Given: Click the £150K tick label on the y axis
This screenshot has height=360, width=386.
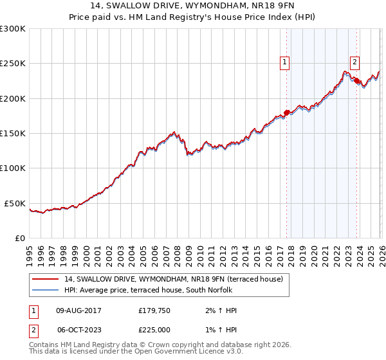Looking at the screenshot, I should [x=12, y=133].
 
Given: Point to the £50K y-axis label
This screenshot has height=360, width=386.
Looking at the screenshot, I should [x=14, y=203].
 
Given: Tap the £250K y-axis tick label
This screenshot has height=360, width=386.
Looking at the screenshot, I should [x=12, y=64].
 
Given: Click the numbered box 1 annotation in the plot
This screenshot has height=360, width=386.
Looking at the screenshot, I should [x=284, y=62].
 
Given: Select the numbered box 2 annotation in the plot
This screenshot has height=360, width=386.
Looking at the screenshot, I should [x=354, y=62].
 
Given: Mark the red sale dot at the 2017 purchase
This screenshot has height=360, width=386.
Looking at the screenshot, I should [x=286, y=113].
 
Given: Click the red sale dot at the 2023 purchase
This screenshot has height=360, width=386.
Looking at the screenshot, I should [x=356, y=81].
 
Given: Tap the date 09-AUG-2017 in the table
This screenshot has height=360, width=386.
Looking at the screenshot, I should [x=78, y=310].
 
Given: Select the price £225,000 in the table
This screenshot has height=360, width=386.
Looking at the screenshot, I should [x=155, y=329].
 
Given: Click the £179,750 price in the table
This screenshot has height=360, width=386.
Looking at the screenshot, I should [x=155, y=310].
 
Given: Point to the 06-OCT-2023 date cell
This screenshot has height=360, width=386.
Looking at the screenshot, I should [x=78, y=329].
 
